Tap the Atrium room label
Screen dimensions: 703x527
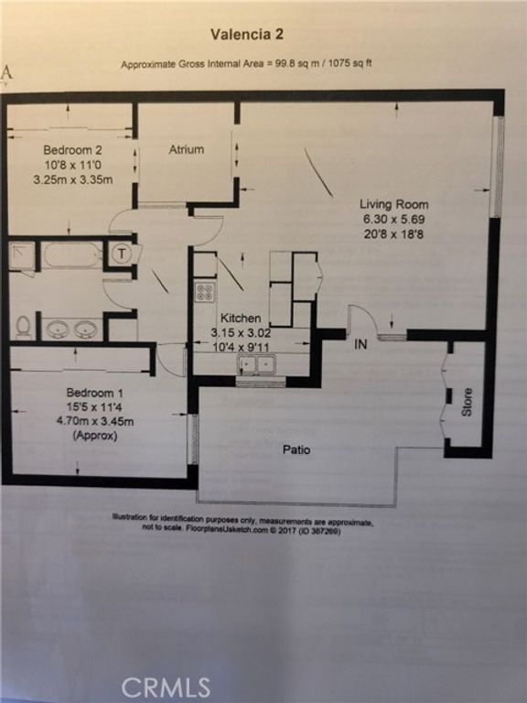(x=186, y=149)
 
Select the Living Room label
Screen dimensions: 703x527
(x=393, y=204)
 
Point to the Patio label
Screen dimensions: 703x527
(x=296, y=450)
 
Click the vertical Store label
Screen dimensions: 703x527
(x=467, y=403)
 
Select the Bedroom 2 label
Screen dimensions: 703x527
(x=70, y=149)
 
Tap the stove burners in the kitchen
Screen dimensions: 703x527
(x=205, y=292)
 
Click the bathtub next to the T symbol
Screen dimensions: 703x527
(x=72, y=255)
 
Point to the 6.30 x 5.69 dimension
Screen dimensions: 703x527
(x=393, y=220)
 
